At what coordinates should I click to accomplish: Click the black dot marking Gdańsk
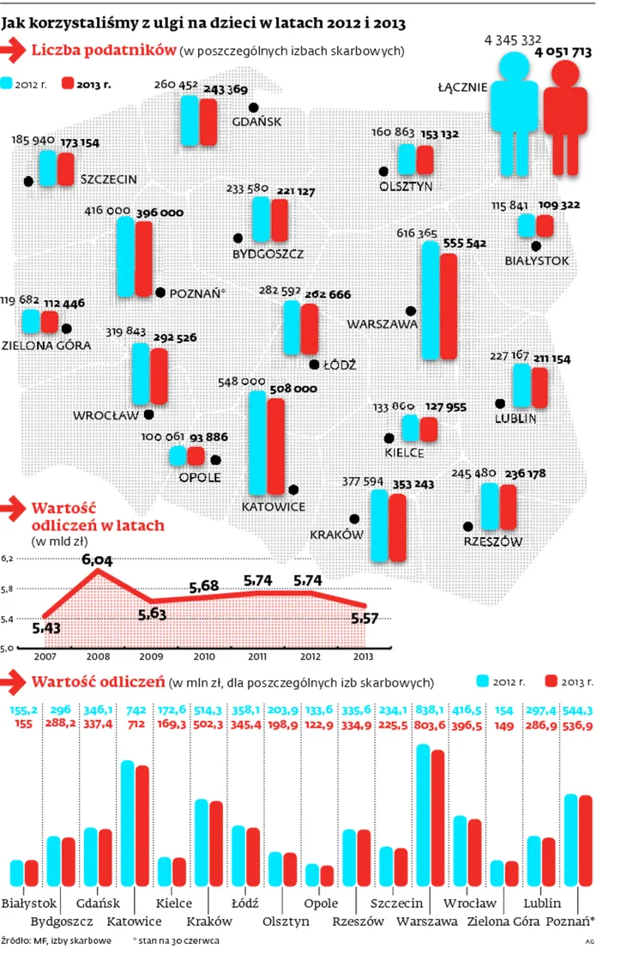point(253,107)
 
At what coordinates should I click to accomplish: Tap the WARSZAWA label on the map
point(382,325)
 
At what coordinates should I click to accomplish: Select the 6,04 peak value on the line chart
point(96,559)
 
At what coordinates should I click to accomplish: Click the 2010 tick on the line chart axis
point(204,656)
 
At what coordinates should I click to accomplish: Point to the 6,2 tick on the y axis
point(8,559)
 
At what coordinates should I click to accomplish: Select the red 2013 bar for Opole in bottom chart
point(327,875)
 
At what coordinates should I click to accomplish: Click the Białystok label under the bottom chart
point(29,904)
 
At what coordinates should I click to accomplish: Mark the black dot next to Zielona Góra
point(67,328)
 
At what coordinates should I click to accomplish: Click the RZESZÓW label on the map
point(493,541)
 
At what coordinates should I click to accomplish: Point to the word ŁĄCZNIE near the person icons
point(462,87)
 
